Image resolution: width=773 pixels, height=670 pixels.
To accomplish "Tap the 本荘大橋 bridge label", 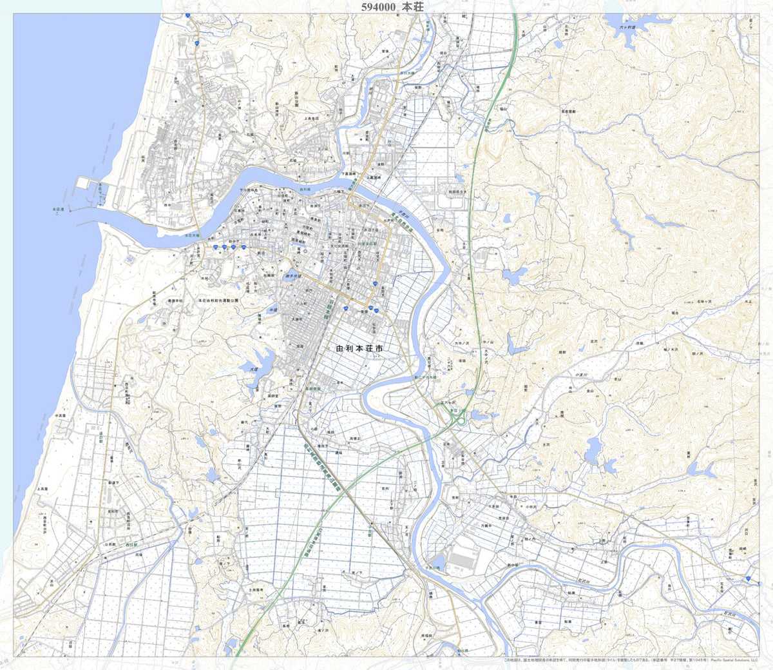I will pyautogui.click(x=193, y=236).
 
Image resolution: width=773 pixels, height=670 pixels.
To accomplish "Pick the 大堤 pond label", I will pyautogui.click(x=253, y=369).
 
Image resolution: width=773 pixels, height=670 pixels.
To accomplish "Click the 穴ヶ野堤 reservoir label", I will pyautogui.click(x=627, y=28).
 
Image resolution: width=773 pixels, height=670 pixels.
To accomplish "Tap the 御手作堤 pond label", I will pyautogui.click(x=293, y=276).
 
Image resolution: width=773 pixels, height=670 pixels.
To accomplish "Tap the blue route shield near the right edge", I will pyautogui.click(x=748, y=579).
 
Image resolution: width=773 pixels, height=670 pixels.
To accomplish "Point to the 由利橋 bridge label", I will pyautogui.click(x=305, y=190).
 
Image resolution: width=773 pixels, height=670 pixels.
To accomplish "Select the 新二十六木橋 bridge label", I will pyautogui.click(x=425, y=377).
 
